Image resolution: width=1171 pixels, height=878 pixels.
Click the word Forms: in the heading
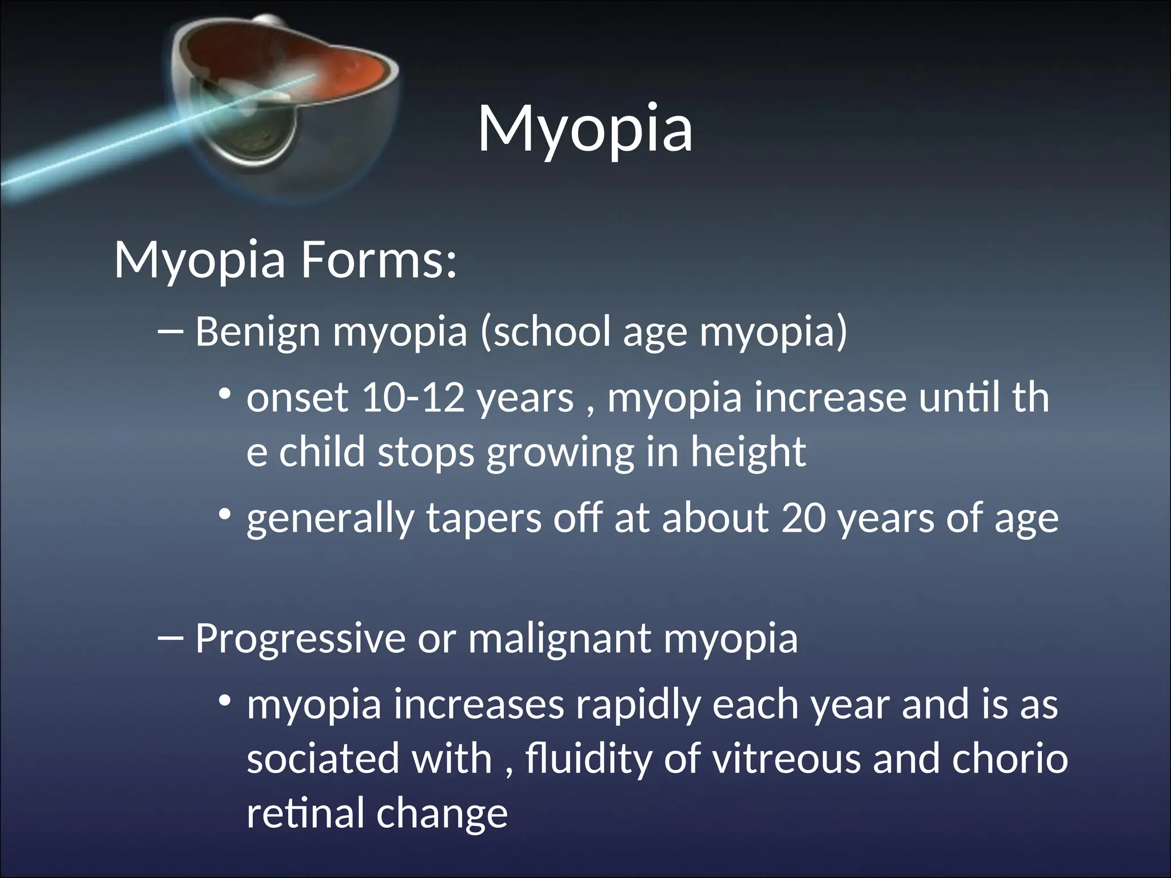[x=379, y=261]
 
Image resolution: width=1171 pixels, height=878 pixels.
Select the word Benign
[x=257, y=332]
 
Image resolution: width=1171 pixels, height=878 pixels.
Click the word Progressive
[x=300, y=638]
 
